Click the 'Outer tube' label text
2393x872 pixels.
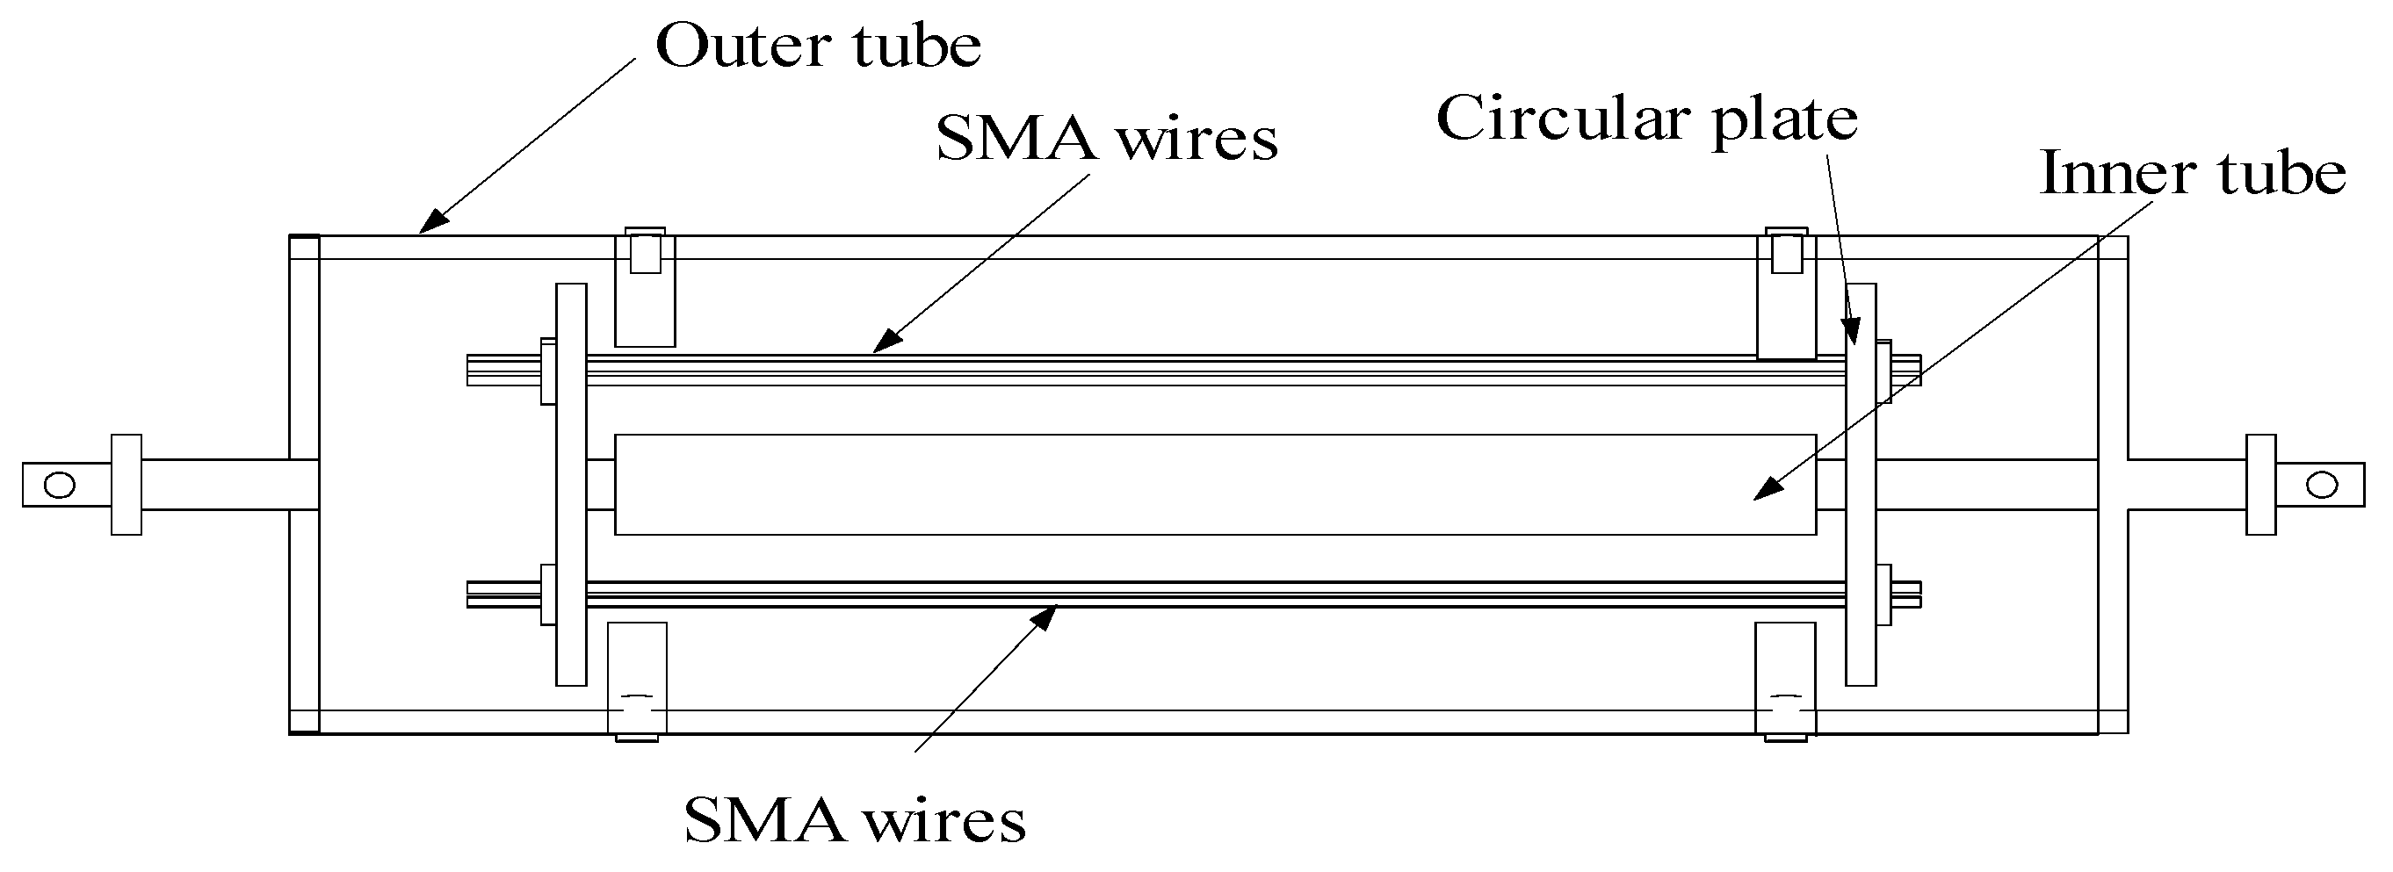click(818, 47)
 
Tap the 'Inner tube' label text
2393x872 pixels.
click(2193, 175)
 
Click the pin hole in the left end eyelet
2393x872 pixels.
click(60, 485)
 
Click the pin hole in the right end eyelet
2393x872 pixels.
click(2322, 485)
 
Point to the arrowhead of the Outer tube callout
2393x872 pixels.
click(430, 224)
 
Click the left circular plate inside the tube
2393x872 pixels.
click(571, 485)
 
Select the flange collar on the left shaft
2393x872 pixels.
click(127, 485)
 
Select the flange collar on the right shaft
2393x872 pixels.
click(2261, 485)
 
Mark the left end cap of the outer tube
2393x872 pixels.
click(304, 485)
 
